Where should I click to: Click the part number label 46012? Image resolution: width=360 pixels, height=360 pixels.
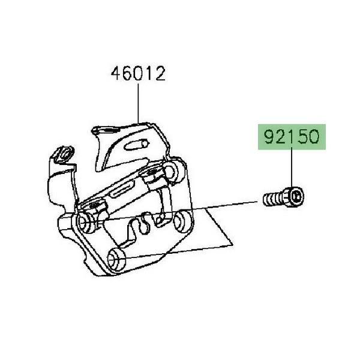coord(138,73)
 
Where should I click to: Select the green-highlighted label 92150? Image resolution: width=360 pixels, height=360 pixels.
coord(292,137)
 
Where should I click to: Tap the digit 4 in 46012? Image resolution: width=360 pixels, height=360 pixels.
coord(116,73)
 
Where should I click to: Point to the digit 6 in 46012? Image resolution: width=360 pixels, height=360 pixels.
coord(128,73)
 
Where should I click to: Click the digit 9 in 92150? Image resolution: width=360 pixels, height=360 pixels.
coord(269,137)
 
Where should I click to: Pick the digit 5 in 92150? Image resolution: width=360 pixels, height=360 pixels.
coord(303,137)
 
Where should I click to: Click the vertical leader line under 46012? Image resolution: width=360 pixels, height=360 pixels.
coord(138,103)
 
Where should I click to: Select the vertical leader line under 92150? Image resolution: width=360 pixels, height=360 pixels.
coord(292,169)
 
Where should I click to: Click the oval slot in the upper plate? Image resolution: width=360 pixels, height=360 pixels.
coord(137,145)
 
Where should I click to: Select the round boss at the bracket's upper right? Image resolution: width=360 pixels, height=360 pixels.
coord(171,170)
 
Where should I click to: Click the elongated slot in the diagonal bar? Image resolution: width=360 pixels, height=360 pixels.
coord(122,189)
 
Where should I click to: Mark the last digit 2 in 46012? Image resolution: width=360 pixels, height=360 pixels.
coord(160,73)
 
